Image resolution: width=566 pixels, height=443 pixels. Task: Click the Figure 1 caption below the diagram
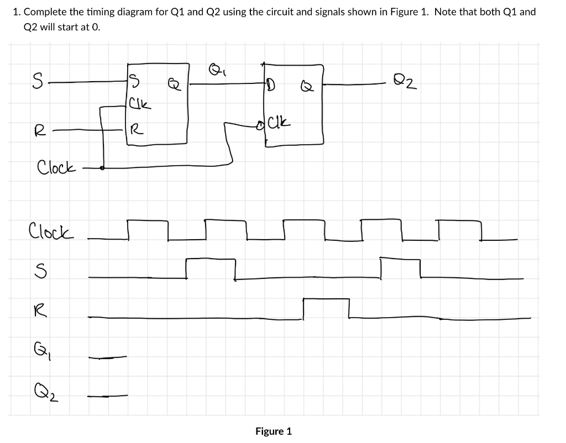coord(273,431)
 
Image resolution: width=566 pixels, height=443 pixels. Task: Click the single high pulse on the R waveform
coord(326,300)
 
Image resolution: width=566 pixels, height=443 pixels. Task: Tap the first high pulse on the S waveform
coord(211,259)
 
